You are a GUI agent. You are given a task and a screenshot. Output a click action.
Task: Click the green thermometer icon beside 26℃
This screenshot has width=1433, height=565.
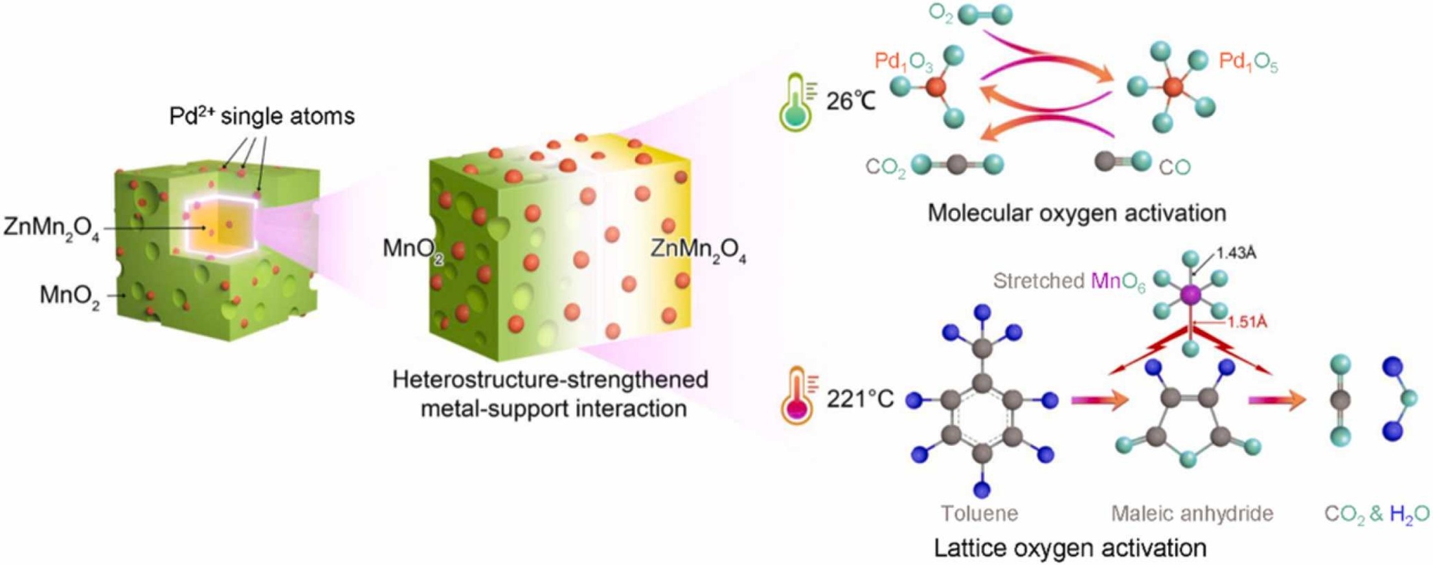[798, 102]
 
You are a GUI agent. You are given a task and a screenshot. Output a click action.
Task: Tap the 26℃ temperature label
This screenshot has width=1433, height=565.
[851, 101]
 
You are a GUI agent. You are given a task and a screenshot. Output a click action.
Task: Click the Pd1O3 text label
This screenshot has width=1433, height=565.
[903, 61]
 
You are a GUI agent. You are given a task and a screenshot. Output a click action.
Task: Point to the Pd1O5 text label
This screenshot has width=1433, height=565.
[1248, 63]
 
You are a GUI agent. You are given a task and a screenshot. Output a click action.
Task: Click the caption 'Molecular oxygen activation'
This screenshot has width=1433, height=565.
[1076, 213]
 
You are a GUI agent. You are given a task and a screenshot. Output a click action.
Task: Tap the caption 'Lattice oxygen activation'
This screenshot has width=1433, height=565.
[1070, 548]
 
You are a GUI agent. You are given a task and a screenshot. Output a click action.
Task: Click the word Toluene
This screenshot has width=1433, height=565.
[979, 513]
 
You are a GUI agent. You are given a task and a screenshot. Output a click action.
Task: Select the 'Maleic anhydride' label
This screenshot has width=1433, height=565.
[1192, 513]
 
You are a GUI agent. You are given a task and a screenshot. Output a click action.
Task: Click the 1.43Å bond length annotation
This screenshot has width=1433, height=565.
[1236, 254]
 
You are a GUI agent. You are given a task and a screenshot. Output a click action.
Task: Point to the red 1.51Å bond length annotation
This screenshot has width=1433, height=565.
[1247, 322]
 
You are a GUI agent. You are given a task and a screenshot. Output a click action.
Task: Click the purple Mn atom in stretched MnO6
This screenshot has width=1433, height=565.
[1190, 295]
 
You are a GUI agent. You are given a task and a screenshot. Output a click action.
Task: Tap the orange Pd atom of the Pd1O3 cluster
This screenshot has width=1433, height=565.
[935, 87]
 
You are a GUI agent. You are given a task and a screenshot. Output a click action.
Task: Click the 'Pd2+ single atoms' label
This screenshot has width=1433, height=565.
[262, 116]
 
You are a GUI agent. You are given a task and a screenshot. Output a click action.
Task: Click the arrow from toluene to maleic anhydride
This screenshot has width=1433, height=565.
[1099, 401]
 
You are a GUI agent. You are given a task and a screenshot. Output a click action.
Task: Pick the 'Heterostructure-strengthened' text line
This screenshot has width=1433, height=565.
[550, 379]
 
